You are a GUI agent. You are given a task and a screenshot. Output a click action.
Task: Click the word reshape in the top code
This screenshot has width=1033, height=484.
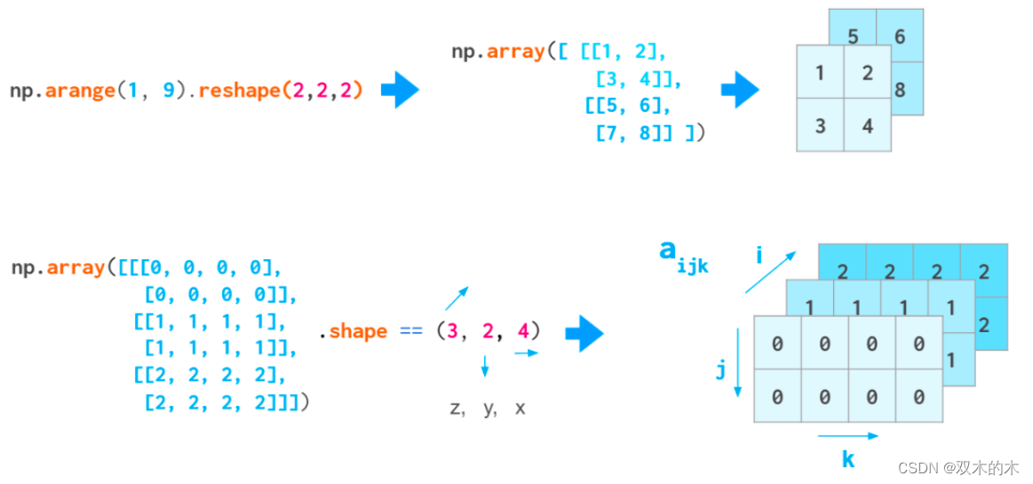point(237,91)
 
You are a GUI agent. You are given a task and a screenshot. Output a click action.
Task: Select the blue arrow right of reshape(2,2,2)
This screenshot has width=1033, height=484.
point(400,90)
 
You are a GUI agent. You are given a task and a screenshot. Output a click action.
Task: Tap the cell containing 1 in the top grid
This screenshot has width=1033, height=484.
point(820,73)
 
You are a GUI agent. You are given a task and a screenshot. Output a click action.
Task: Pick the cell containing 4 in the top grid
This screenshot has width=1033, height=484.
point(867,125)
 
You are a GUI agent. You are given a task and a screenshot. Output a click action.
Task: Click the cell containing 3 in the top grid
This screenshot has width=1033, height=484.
point(820,125)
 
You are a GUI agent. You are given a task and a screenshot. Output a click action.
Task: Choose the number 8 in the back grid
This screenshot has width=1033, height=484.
point(900,90)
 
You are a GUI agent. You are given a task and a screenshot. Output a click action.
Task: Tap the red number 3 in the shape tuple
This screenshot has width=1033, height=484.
point(452,331)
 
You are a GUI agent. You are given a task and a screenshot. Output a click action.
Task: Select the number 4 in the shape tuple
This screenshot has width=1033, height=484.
point(523,331)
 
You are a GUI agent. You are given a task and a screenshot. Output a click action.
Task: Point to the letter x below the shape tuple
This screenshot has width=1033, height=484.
point(520,409)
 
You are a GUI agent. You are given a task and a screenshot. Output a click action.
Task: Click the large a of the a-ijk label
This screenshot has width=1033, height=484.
point(669,250)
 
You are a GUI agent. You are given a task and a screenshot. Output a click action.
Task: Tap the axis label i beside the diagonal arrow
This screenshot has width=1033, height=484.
point(759,257)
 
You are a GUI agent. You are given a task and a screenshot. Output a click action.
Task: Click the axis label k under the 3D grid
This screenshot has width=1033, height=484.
point(848,459)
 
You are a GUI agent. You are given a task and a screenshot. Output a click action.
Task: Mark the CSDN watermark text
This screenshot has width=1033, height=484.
point(958,468)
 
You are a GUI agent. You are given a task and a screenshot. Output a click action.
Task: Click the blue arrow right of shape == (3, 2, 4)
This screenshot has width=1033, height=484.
point(584,334)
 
